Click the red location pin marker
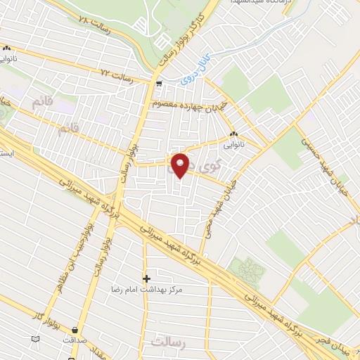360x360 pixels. tap(180, 165)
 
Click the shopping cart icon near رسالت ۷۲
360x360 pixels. tap(160, 84)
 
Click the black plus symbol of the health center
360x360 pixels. tap(146, 278)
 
